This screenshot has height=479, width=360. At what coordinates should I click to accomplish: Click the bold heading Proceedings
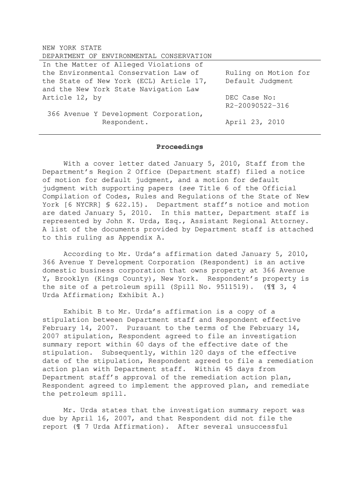point(180,147)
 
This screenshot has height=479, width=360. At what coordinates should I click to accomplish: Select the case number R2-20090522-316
point(257,106)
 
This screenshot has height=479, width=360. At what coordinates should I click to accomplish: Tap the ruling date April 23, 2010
point(254,122)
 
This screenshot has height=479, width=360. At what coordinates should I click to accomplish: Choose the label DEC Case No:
point(251,98)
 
